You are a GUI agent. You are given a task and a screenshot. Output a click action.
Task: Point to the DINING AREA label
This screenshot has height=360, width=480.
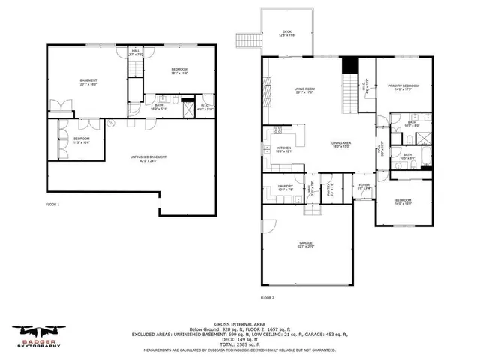[x=342, y=144]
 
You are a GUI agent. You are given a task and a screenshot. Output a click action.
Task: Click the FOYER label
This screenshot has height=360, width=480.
[x=364, y=187]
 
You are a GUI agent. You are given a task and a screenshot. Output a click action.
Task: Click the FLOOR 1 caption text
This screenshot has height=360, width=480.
[x=52, y=205]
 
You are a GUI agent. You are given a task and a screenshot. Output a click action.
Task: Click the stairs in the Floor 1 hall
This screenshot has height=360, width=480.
[x=135, y=70]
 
